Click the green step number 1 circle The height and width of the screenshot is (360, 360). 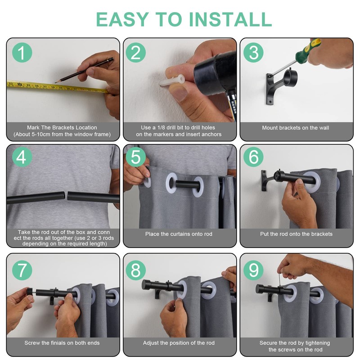pyautogui.click(x=22, y=53)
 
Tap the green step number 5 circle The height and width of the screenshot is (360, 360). pyautogui.click(x=136, y=157)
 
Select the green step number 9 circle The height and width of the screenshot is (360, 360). pyautogui.click(x=253, y=270)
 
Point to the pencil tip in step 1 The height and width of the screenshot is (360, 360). pyautogui.click(x=55, y=82)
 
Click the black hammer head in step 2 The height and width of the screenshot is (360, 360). pyautogui.click(x=216, y=74)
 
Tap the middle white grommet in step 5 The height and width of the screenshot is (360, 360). pyautogui.click(x=171, y=183)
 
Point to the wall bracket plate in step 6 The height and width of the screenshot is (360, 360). pyautogui.click(x=264, y=180)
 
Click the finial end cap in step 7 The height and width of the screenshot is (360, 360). pyautogui.click(x=30, y=292)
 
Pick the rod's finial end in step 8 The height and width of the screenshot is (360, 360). pyautogui.click(x=146, y=285)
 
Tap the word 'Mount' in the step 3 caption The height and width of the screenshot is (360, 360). pyautogui.click(x=269, y=128)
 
